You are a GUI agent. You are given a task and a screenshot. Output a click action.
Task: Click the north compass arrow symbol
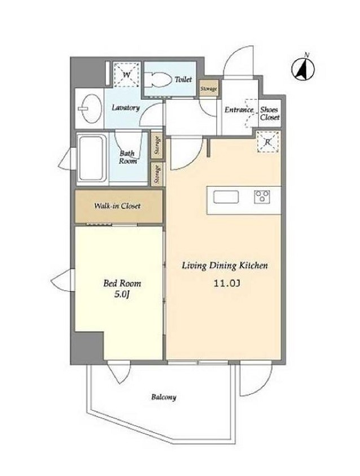pos(303,68)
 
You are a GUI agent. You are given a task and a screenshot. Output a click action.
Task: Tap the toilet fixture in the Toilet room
pos(157,80)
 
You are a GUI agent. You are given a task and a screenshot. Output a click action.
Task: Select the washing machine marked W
pos(127,75)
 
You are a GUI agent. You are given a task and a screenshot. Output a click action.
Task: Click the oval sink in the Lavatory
pos(91,108)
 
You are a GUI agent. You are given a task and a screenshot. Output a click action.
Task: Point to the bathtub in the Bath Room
pos(91,158)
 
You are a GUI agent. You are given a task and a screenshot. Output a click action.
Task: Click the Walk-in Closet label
pos(117,206)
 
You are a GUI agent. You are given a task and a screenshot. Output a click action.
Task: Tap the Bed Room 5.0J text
pos(122,289)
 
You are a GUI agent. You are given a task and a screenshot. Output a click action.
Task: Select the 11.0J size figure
pos(227,284)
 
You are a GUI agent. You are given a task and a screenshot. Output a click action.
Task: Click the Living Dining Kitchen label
pos(225,265)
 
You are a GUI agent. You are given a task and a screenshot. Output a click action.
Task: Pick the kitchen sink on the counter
pos(226,197)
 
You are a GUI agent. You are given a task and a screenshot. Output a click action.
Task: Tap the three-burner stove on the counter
pos(262,196)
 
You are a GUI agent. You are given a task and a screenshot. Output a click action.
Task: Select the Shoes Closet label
pos(270,113)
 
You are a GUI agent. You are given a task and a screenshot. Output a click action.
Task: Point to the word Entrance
pos(239,110)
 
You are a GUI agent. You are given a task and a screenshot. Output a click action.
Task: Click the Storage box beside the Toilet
pos(208,88)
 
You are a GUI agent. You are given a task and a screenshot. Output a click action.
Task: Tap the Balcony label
pos(164,397)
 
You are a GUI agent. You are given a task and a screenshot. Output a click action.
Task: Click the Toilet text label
pos(183,80)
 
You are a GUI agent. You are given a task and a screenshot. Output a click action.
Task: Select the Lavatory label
pos(126,108)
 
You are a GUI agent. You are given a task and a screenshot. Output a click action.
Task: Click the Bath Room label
pos(128,157)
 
